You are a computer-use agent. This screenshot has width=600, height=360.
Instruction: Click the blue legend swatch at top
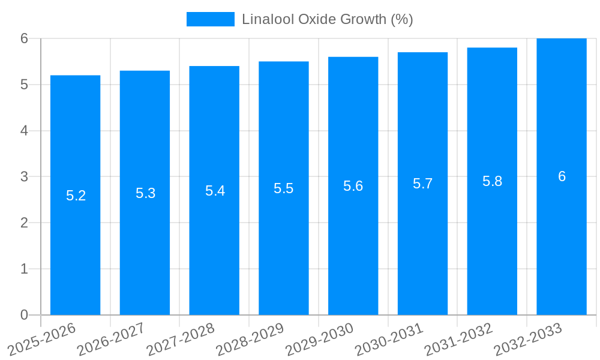210,19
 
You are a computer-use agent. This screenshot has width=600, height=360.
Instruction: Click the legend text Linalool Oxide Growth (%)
327,19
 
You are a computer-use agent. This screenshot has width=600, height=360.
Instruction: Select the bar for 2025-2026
75,252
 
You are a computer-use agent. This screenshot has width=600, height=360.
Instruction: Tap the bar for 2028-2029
284,252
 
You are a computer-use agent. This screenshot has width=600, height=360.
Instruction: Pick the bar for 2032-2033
562,252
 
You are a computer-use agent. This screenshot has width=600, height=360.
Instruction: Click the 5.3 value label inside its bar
145,193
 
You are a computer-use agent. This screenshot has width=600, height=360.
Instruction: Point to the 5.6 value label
353,186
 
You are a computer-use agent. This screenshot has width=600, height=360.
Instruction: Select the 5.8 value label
492,182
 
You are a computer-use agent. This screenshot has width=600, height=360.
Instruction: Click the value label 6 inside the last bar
562,176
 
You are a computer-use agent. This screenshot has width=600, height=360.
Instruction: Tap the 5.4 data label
215,191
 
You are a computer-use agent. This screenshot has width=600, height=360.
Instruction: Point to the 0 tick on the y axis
24,315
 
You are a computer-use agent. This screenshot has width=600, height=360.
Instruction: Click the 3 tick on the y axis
24,177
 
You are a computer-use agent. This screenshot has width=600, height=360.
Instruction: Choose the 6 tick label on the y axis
24,38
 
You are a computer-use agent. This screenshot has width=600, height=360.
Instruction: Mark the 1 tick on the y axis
24,269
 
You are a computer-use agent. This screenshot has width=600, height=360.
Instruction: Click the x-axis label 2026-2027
112,339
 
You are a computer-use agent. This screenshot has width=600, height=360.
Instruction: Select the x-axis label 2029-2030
320,339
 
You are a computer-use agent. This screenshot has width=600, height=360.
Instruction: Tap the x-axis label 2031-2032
459,339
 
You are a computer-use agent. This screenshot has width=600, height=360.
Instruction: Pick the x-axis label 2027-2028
181,339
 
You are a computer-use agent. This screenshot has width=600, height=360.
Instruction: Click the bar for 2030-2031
422,252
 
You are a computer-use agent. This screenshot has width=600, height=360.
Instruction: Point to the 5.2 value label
76,196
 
